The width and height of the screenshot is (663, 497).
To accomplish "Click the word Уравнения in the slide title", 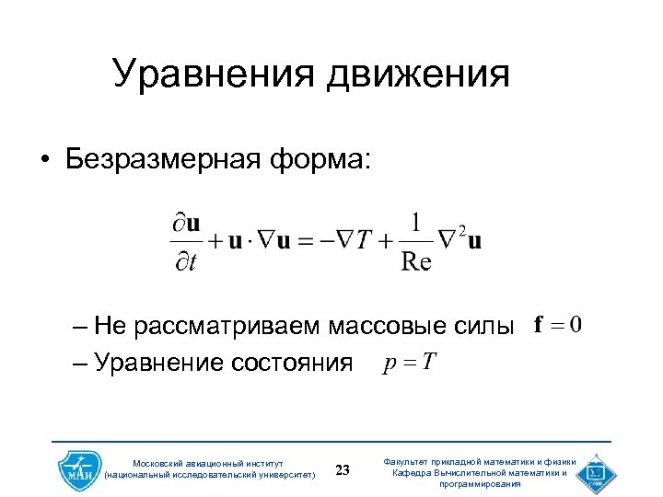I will [210, 74].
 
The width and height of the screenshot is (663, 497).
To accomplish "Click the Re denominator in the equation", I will [416, 262].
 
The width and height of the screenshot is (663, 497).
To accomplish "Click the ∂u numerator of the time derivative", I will [187, 224].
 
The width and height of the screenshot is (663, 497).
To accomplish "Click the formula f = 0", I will [558, 325].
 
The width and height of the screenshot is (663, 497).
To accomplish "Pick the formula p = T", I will [409, 361].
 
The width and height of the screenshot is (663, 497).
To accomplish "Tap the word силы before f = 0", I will [483, 326].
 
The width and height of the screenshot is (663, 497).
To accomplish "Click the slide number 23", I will [343, 471].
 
